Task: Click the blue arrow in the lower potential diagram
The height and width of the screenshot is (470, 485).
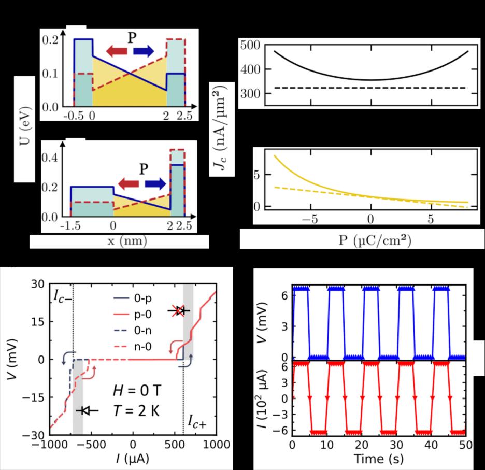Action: (x=155, y=183)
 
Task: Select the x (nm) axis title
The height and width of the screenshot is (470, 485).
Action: (x=119, y=242)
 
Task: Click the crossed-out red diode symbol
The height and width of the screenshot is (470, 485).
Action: (x=179, y=310)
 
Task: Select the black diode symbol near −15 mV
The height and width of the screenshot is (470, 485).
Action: (x=86, y=410)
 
